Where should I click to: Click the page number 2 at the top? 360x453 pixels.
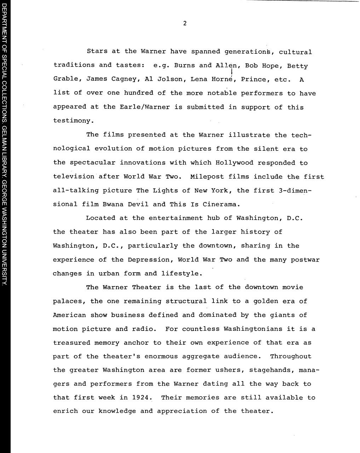pyautogui.click(x=185, y=24)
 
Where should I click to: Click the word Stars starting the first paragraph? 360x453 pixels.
pyautogui.click(x=97, y=52)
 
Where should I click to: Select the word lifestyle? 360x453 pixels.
pyautogui.click(x=182, y=274)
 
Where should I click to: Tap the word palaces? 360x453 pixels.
pyautogui.click(x=69, y=302)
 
